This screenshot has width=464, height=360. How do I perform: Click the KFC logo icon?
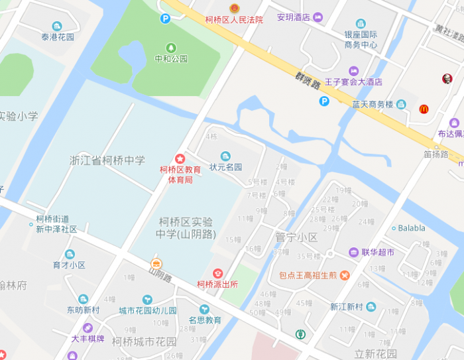coord(447,79)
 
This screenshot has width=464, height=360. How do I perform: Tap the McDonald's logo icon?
coord(424,109)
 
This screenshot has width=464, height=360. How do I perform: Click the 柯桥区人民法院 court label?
coord(234,20)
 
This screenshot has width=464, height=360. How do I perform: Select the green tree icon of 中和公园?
coord(171,48)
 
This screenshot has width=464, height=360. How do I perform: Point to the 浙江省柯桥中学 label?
coord(107,160)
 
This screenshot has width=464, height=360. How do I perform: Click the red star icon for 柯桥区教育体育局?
coord(179,158)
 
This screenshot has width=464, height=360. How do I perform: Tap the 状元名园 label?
coord(226,167)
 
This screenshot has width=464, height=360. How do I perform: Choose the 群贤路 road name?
coord(309,82)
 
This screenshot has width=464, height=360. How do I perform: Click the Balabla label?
coord(412,228)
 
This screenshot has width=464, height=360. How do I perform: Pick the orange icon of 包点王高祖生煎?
coord(345,275)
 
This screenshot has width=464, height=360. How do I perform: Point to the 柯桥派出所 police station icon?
coord(217,273)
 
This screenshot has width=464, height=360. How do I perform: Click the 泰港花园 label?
coord(58,37)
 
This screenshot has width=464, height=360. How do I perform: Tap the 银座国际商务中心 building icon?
coord(361,24)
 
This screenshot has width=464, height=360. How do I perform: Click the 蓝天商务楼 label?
coord(373,104)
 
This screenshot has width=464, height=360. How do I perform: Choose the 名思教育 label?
coord(204,320)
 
